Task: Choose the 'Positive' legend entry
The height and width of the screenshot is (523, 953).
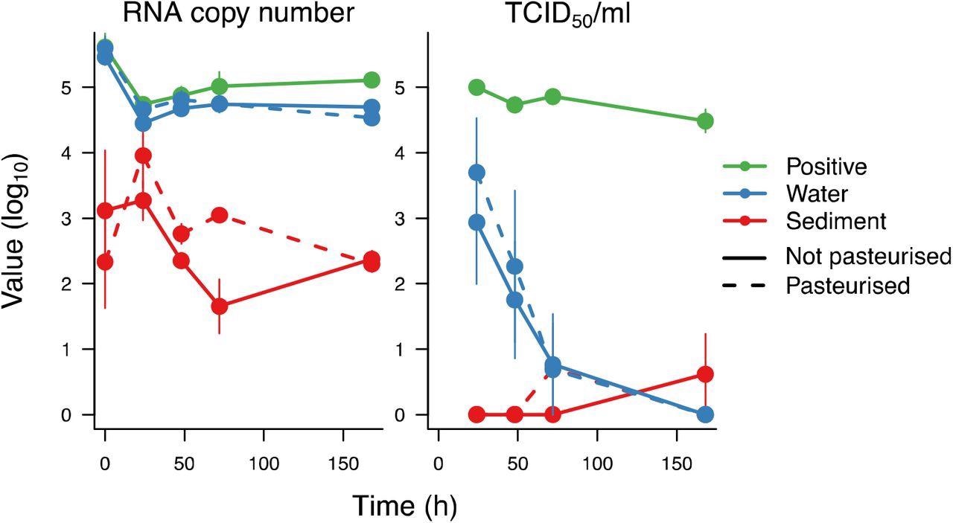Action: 819,167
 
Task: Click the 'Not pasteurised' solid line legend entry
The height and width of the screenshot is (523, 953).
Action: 868,257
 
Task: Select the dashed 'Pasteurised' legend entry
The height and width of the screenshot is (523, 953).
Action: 848,286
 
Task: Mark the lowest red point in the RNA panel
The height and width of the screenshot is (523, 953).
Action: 219,307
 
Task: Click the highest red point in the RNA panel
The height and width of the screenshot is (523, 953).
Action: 143,155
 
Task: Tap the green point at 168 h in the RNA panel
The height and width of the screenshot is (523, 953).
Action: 372,80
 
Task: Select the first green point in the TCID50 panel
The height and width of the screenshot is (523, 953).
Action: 476,88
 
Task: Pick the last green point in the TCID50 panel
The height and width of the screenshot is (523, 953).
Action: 705,121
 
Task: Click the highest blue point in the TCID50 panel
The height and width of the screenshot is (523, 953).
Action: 476,173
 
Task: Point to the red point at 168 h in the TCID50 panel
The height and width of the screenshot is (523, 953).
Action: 705,374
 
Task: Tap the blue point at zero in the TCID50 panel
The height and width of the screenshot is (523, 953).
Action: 705,414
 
